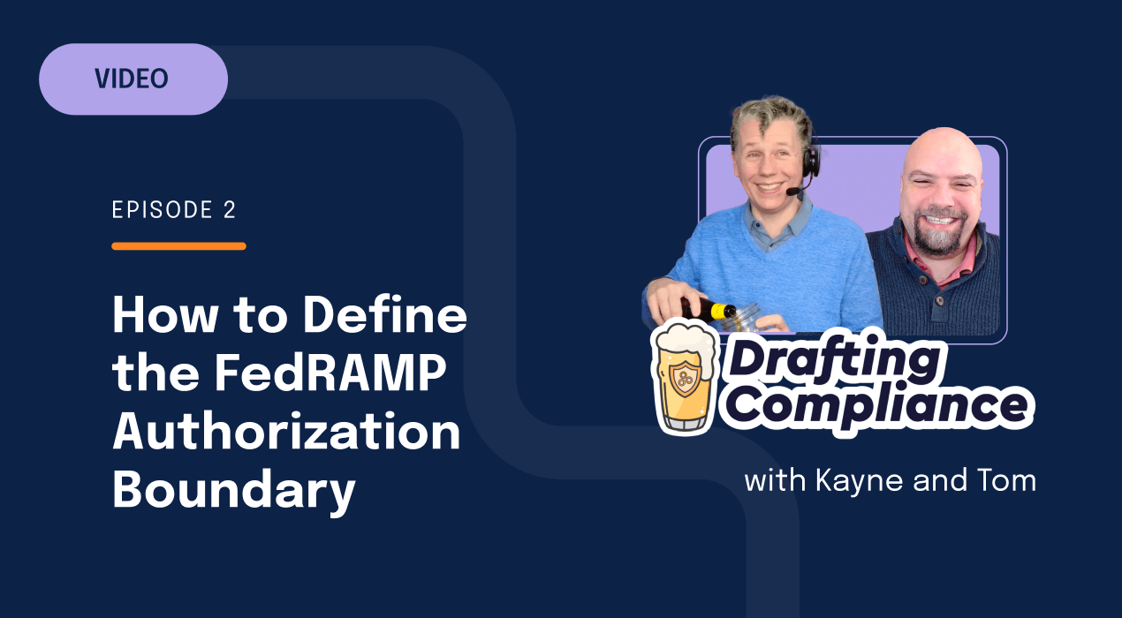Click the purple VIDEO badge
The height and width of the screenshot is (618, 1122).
tap(133, 79)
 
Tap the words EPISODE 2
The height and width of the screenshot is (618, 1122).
tap(174, 210)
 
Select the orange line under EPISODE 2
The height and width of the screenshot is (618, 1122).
tap(178, 245)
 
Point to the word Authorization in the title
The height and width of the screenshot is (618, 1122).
tap(286, 433)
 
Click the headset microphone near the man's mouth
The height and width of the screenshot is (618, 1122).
tap(793, 192)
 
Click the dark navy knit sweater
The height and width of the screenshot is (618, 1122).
tap(945, 291)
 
